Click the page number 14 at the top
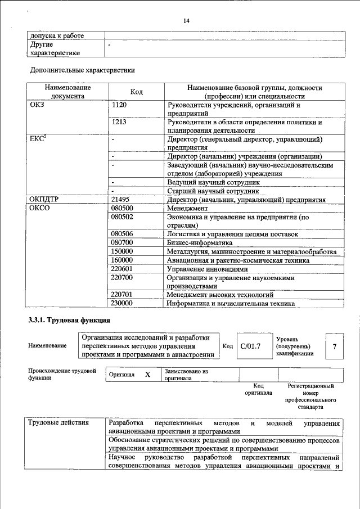[x=186, y=21]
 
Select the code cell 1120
[x=120, y=105]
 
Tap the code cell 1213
[x=120, y=122]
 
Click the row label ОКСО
[x=39, y=208]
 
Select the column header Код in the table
[x=136, y=92]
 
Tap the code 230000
[x=123, y=303]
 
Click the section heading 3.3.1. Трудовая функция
[x=65, y=321]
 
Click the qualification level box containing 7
[x=335, y=346]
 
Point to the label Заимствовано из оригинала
[x=186, y=375]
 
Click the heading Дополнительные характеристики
[x=82, y=71]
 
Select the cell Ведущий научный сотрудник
[x=213, y=183]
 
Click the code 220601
[x=123, y=269]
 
